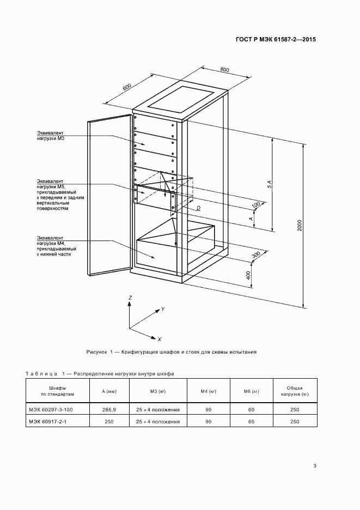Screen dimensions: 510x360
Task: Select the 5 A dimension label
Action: (269, 185)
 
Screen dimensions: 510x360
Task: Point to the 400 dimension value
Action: (248, 275)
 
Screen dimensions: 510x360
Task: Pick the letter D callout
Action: (198, 208)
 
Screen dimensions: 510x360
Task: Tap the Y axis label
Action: (162, 309)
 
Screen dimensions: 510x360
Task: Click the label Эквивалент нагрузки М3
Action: (51, 136)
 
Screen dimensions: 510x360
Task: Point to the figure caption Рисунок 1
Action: (172, 352)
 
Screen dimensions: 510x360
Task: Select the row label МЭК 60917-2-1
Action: (51, 421)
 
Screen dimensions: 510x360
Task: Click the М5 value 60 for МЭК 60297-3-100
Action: (251, 409)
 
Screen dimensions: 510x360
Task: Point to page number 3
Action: (315, 465)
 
